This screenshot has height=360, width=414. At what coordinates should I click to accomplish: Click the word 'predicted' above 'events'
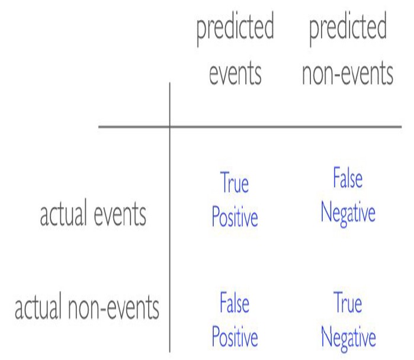(235, 28)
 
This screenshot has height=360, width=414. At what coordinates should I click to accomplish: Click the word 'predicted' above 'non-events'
(348, 28)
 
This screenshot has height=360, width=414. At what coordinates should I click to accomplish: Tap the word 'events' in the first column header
(235, 73)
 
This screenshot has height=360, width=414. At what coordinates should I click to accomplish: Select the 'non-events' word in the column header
(348, 73)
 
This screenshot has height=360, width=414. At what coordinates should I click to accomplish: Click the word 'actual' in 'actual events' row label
(63, 212)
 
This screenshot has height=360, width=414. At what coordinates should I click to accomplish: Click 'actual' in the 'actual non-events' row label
(38, 306)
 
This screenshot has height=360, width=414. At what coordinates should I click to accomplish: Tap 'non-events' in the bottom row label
(114, 308)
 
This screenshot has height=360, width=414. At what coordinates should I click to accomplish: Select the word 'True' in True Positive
(235, 182)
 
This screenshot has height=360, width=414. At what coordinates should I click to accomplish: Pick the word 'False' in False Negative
(348, 178)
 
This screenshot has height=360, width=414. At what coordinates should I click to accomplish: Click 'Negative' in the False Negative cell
(348, 214)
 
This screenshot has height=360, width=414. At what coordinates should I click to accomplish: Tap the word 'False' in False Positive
(235, 302)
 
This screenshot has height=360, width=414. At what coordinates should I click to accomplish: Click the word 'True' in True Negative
(348, 302)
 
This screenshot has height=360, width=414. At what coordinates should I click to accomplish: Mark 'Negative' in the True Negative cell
(348, 339)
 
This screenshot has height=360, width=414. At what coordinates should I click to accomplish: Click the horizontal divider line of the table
(250, 127)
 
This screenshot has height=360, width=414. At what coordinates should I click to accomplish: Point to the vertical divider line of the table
(169, 217)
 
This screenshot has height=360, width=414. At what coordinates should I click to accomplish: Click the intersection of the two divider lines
(169, 127)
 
